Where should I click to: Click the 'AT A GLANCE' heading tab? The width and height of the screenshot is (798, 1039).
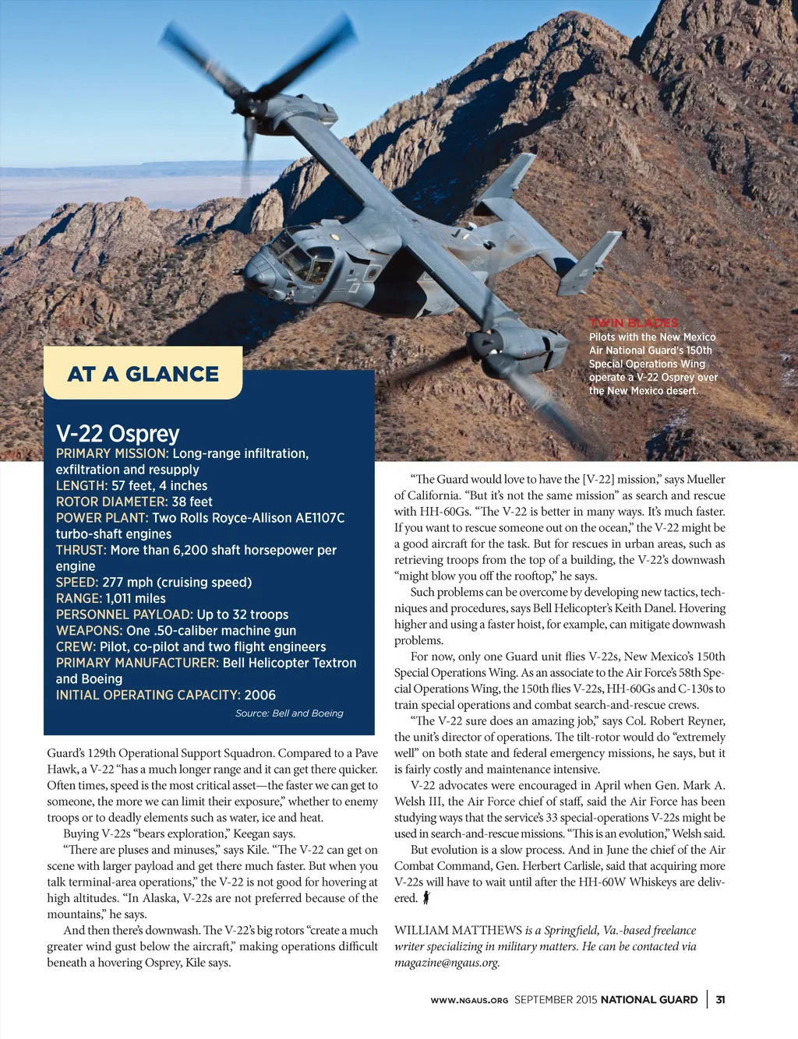point(143,374)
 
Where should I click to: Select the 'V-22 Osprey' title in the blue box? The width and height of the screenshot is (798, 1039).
point(118,434)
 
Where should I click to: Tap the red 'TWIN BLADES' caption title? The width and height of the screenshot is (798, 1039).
point(634,323)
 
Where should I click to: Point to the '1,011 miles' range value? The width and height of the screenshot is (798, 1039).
point(136,598)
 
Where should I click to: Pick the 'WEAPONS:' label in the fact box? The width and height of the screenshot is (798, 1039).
point(89,631)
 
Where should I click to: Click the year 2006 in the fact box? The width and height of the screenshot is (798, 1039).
point(260,695)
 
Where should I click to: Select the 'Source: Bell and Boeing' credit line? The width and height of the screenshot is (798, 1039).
point(289,713)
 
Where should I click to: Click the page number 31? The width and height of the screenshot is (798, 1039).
point(721,999)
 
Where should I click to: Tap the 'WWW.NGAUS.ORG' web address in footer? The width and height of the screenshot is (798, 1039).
point(469,1000)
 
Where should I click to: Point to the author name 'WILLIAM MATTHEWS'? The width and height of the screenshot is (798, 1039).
point(458,930)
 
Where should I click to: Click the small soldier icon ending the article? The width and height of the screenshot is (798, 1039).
point(426,898)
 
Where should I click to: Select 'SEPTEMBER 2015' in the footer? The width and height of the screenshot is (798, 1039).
point(556,999)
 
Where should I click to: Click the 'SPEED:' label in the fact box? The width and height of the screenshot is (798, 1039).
point(77,583)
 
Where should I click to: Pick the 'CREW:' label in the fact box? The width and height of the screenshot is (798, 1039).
point(76,646)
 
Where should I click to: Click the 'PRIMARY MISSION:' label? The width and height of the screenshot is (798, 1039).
point(111,453)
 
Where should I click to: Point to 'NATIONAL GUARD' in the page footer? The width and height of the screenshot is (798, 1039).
point(649,999)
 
